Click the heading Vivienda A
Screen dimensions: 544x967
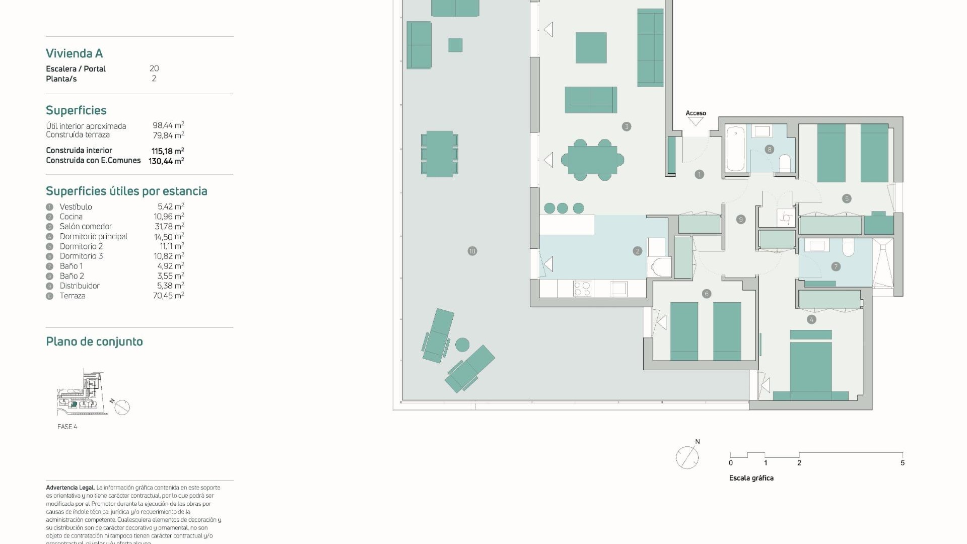(74, 53)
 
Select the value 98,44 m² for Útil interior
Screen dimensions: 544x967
(168, 125)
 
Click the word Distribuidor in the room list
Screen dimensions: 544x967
(80, 286)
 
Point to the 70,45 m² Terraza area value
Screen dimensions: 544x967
(168, 296)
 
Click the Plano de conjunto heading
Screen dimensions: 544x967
(94, 342)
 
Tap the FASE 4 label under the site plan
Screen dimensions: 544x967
(67, 427)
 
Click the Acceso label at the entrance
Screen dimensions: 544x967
(696, 113)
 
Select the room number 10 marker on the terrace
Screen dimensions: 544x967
(472, 251)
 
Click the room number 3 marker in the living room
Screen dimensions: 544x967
(627, 126)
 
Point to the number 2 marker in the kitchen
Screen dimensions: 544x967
(638, 251)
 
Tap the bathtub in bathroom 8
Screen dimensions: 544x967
(736, 149)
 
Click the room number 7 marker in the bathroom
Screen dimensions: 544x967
(836, 266)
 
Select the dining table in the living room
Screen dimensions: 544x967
(592, 160)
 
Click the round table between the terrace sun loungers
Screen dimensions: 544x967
(462, 345)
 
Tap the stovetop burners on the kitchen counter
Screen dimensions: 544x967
(583, 289)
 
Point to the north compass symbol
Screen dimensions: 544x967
(687, 457)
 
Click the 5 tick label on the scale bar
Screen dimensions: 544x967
(903, 462)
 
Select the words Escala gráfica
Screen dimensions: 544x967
(751, 478)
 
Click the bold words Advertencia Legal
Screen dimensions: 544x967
(70, 488)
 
